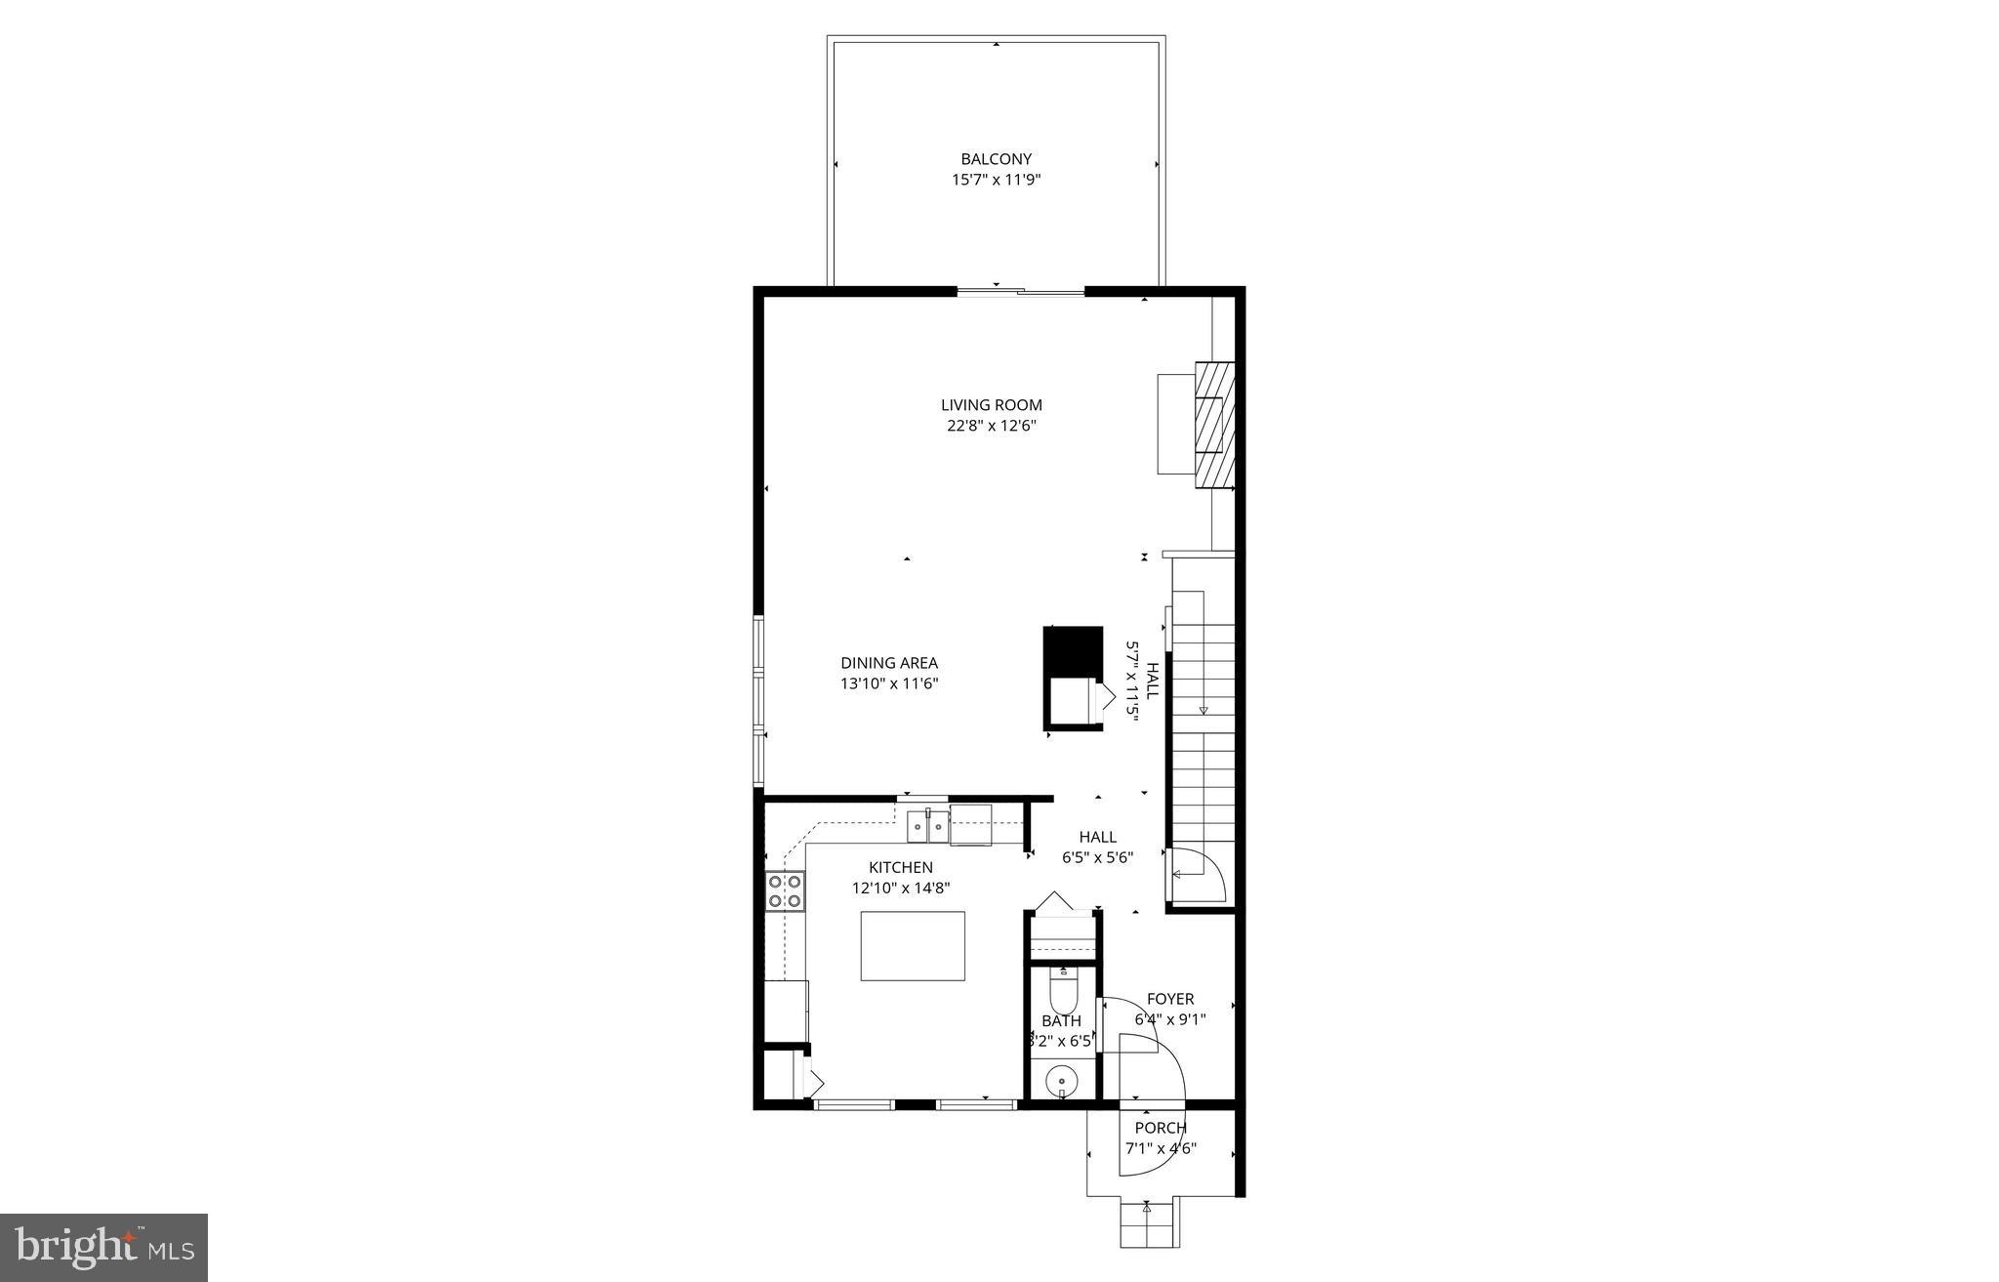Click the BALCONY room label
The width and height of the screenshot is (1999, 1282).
[x=996, y=159]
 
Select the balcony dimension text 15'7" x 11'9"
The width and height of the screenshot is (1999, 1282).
[x=996, y=180]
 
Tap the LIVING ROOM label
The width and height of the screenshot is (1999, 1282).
[x=991, y=404]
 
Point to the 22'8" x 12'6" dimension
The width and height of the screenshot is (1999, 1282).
[x=991, y=426]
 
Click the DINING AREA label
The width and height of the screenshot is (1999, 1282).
[x=889, y=663]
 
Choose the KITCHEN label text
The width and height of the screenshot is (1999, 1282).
[x=901, y=867]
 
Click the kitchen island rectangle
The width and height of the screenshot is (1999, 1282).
[x=913, y=946]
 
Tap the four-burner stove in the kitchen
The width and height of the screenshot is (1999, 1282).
[x=786, y=890]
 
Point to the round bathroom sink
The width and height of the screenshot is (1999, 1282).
[x=1060, y=1082]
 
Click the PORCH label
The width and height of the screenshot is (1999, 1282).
[x=1161, y=1128]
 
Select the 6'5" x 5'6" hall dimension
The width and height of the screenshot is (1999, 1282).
[x=1097, y=858]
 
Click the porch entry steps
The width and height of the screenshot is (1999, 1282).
[x=1148, y=1222]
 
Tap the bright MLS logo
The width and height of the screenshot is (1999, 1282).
[x=104, y=1247]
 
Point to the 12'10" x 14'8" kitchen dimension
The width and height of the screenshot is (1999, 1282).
[x=901, y=889]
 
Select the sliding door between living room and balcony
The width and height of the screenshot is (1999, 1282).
[x=1020, y=291]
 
